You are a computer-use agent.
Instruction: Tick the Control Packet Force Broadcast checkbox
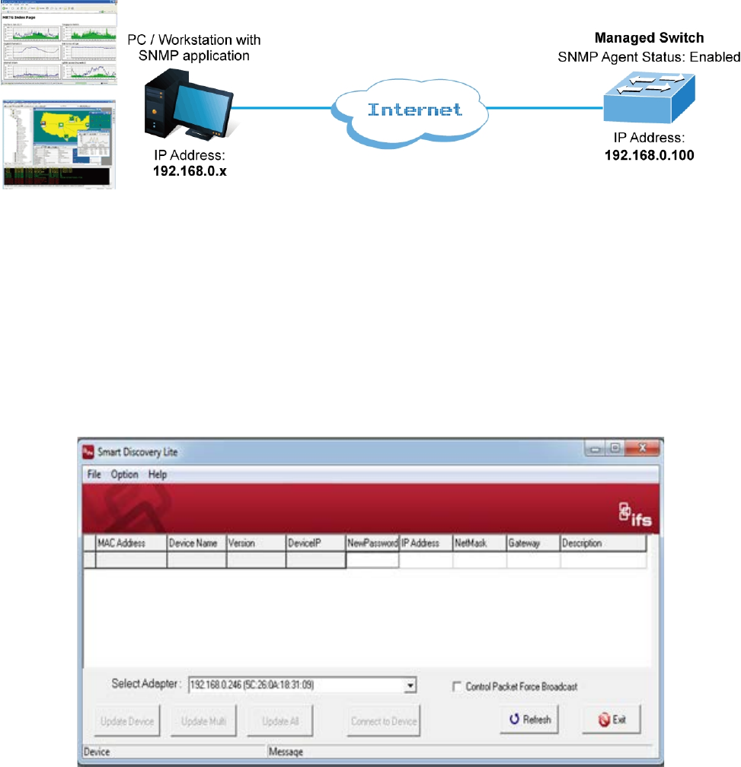pyautogui.click(x=457, y=686)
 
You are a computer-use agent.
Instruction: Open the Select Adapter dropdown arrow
pyautogui.click(x=410, y=686)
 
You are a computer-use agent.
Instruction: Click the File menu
pyautogui.click(x=94, y=474)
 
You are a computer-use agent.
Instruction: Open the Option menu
pyautogui.click(x=125, y=474)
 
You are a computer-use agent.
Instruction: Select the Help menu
pyautogui.click(x=158, y=474)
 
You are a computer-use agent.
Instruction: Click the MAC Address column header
pyautogui.click(x=121, y=543)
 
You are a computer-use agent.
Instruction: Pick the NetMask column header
pyautogui.click(x=469, y=543)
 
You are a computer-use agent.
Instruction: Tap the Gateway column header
pyautogui.click(x=524, y=543)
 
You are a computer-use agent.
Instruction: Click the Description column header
pyautogui.click(x=582, y=543)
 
